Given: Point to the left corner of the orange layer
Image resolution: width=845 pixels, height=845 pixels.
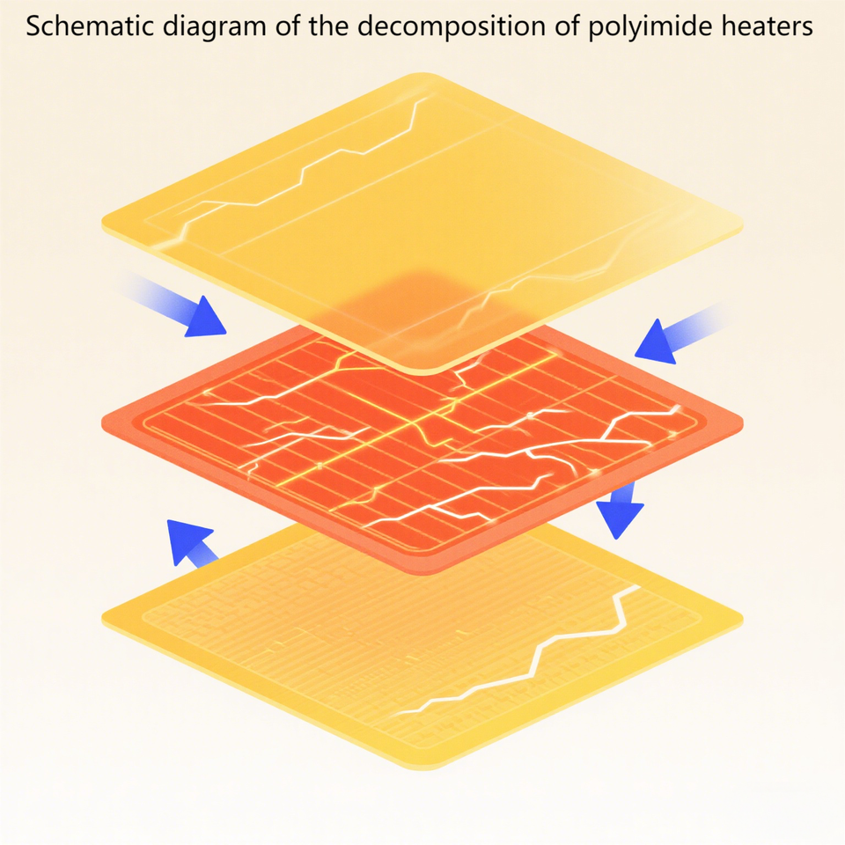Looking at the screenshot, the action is [107, 421].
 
